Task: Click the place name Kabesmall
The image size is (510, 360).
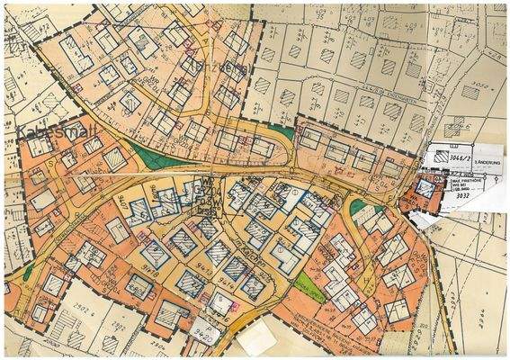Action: (44, 131)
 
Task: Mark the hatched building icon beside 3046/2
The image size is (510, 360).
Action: (440, 154)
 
